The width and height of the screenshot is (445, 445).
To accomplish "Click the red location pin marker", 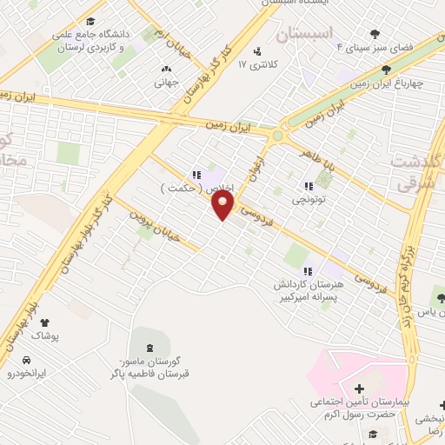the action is coord(223,204).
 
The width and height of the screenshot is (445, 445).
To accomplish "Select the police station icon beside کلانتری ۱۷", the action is coord(256,50).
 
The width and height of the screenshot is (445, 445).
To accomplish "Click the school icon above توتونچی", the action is coord(309,185).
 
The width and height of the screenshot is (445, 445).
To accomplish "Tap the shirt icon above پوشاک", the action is coord(44,322).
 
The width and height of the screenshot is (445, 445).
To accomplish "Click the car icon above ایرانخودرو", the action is coord(27,360).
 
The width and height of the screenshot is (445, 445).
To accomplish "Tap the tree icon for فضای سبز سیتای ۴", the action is coord(375,34).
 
